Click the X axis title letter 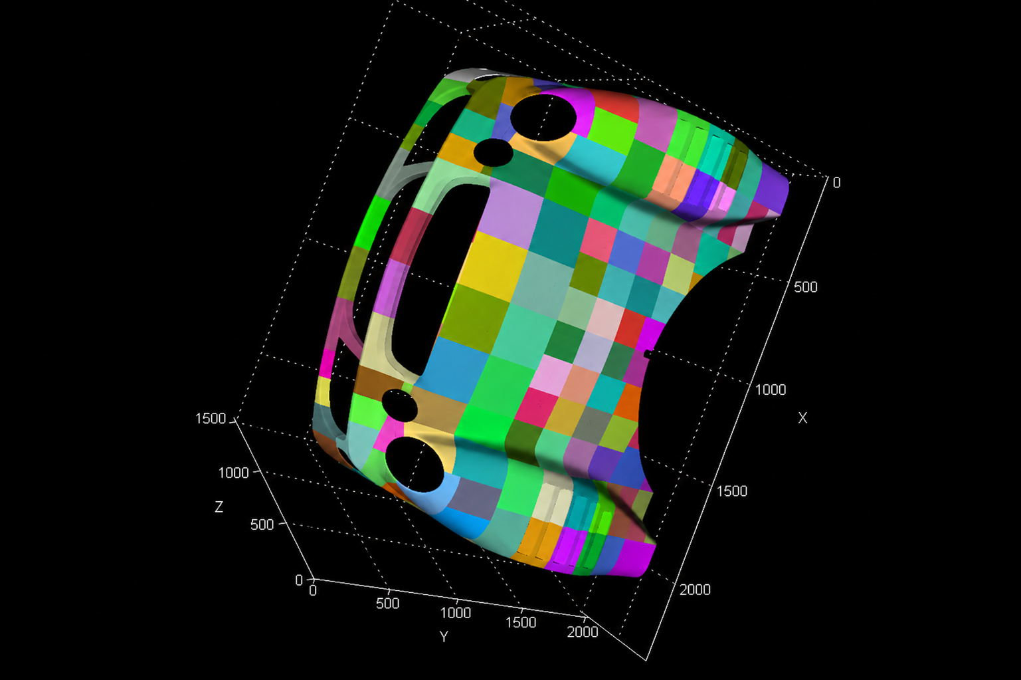click(802, 417)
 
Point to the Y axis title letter click(444, 636)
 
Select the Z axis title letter click(219, 507)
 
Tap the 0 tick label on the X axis click(836, 182)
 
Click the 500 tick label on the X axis click(805, 287)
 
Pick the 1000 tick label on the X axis click(771, 390)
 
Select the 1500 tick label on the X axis click(732, 491)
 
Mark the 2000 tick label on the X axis click(695, 590)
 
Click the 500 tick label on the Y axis click(387, 604)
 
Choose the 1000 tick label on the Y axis click(455, 612)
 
